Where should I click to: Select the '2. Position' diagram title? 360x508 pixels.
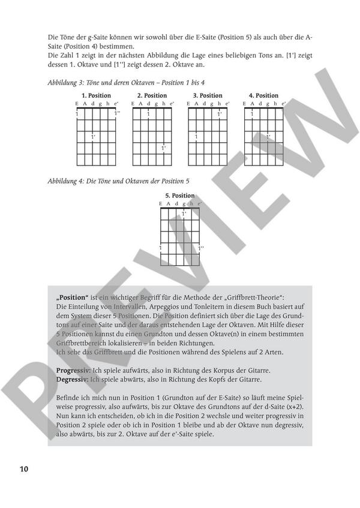click(x=152, y=95)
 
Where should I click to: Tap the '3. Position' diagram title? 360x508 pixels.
click(x=208, y=95)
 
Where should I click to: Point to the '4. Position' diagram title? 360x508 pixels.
click(x=263, y=95)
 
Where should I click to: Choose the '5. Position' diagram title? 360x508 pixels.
click(x=179, y=196)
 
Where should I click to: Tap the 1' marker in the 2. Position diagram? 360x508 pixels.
click(x=163, y=147)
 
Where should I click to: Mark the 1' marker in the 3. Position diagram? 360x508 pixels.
click(x=220, y=113)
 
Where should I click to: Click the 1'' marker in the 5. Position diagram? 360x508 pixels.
click(x=201, y=247)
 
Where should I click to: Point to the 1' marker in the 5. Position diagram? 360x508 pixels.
click(x=184, y=214)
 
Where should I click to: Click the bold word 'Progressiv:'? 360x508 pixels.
click(x=71, y=372)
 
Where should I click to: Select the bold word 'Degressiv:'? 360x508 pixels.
click(x=70, y=380)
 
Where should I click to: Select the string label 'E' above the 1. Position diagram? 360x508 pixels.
click(x=77, y=104)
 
